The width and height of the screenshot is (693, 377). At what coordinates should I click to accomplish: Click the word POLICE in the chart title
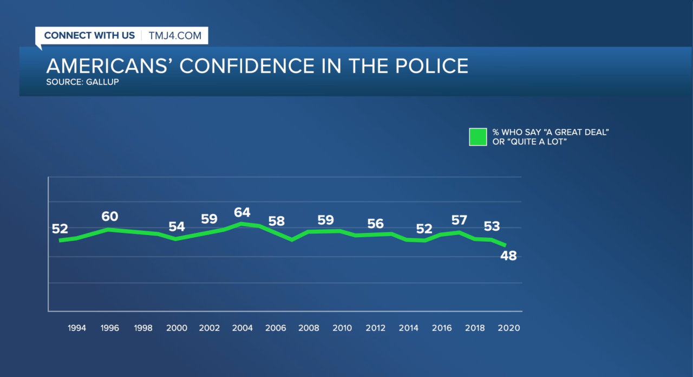point(427,66)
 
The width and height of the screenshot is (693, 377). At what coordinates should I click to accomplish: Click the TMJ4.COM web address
point(174,36)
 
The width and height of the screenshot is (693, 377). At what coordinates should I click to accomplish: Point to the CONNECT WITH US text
point(89,36)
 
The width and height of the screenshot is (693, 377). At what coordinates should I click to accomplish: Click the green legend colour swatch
point(478,137)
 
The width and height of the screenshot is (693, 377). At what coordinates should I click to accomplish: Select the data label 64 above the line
point(242,212)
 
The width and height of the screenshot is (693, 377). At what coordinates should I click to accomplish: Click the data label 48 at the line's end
point(508,256)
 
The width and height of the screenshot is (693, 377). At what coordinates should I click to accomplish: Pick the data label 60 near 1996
point(110,217)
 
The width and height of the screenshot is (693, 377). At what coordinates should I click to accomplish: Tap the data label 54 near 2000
point(177,226)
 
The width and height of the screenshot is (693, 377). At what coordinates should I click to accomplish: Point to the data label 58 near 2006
point(276,222)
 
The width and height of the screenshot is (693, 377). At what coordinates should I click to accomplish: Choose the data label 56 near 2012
point(375,223)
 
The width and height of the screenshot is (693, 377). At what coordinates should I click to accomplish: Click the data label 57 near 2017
point(459,220)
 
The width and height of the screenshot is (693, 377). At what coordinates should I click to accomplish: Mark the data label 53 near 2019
point(492,226)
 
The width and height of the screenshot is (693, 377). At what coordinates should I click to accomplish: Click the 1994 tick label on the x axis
point(76,328)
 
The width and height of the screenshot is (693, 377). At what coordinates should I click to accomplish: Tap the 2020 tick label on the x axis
point(509,328)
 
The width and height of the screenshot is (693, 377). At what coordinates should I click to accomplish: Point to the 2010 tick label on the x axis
point(342,328)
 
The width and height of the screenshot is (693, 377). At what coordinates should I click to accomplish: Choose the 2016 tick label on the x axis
point(442,328)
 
